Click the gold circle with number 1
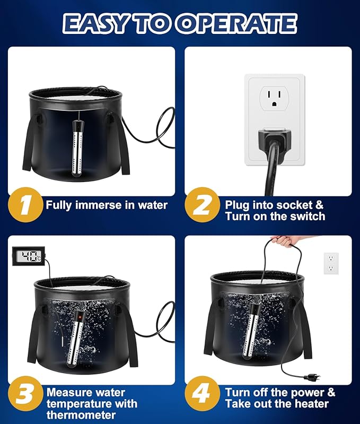[25, 205]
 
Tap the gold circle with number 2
[203, 205]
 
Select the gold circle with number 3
[25, 393]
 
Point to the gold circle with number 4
[203, 393]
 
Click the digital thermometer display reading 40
[28, 256]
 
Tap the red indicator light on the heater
[80, 316]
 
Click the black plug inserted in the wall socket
[275, 139]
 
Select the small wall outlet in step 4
[331, 263]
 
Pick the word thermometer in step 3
[81, 415]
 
